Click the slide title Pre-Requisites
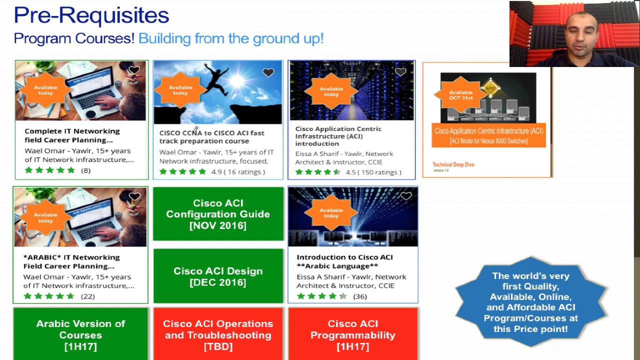(x=91, y=15)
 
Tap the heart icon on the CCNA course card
(x=268, y=73)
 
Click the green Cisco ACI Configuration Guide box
(x=218, y=214)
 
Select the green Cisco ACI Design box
(x=218, y=276)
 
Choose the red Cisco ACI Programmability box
(x=353, y=334)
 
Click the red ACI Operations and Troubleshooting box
(x=218, y=334)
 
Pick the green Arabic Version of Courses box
(x=80, y=334)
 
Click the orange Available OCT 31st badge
(x=460, y=95)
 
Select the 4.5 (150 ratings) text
(x=373, y=172)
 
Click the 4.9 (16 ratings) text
(x=238, y=171)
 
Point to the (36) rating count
(x=360, y=296)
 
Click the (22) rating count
(x=87, y=296)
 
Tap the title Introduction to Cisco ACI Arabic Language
(x=344, y=261)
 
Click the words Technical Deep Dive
(x=453, y=164)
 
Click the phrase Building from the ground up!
(x=231, y=38)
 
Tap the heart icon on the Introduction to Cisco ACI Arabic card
(x=405, y=196)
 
